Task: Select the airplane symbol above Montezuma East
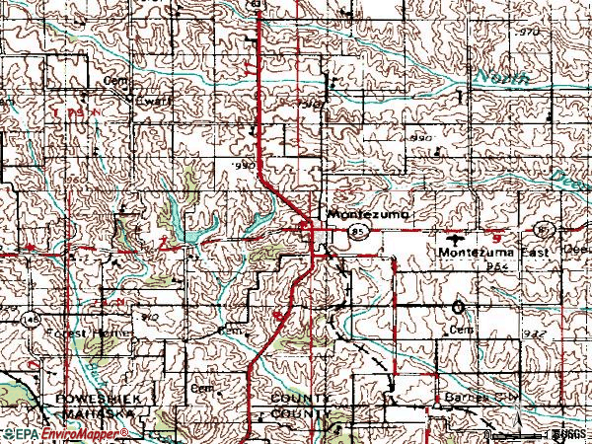454,238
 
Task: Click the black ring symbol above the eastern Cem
459,307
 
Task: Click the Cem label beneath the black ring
458,330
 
